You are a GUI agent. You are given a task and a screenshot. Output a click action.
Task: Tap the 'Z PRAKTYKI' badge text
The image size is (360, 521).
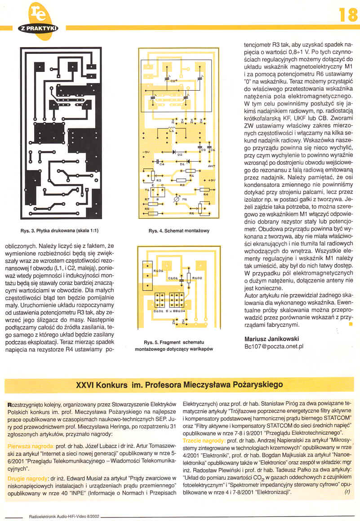tap(39, 28)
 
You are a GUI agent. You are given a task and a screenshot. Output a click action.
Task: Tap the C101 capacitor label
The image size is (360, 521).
tap(173, 278)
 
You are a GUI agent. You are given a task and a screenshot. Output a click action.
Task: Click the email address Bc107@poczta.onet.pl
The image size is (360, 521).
tap(274, 346)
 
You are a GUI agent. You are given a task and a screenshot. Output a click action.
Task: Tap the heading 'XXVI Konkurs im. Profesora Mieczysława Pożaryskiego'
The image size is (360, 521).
tap(179, 384)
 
